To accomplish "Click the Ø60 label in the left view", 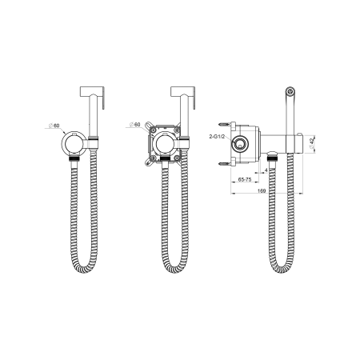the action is coord(54,126).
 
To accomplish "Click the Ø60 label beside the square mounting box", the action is coord(135,125).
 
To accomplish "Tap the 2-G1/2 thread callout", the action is coord(218,137).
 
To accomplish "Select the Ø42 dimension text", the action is coord(311,144).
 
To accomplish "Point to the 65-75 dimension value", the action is coord(245,179).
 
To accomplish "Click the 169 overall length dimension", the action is coord(262,190).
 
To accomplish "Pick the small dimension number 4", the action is coord(266,170).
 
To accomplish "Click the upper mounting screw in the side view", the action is coord(225,124).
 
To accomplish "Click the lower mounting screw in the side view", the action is coord(225,164).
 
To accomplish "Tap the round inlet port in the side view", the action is coord(241,144).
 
